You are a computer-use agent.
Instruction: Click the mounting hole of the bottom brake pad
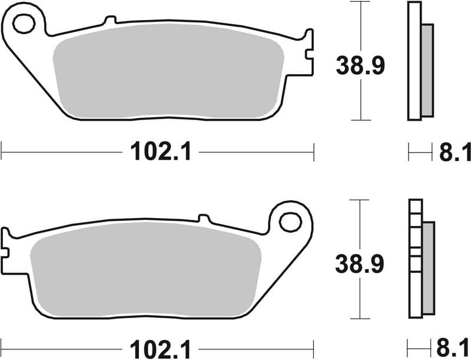click(x=290, y=222)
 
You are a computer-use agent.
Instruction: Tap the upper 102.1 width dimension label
click(x=161, y=153)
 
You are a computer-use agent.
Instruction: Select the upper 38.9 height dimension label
click(x=360, y=65)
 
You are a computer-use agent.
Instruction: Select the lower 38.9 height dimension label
click(x=360, y=263)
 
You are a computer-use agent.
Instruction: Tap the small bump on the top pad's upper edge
click(x=108, y=21)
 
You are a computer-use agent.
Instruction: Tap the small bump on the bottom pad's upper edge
click(x=204, y=218)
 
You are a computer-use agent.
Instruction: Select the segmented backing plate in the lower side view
click(x=415, y=259)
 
